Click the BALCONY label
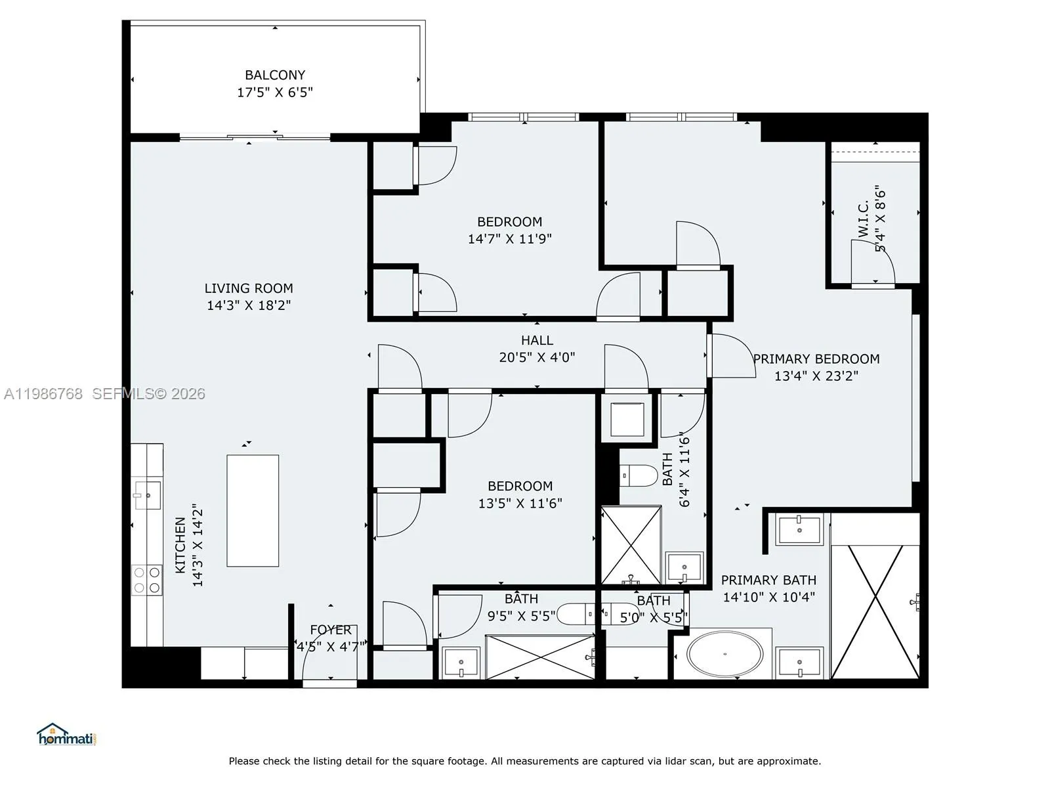click(275, 75)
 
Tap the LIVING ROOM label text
click(249, 288)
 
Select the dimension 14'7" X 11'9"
click(509, 239)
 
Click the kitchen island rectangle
click(253, 510)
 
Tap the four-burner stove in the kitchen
click(147, 580)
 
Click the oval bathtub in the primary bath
click(725, 654)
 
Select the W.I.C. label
click(863, 219)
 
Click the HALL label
click(537, 340)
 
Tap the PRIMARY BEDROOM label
click(816, 359)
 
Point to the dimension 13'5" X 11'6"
click(520, 504)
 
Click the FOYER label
click(331, 630)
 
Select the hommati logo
click(66, 735)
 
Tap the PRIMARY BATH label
click(768, 580)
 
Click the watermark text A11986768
click(43, 393)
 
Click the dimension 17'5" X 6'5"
click(275, 93)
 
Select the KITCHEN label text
click(180, 545)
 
